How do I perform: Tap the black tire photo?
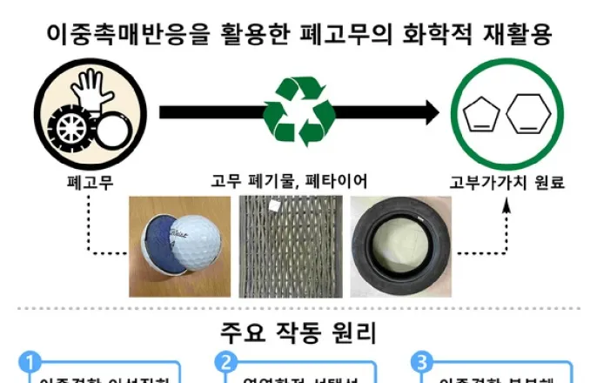tap(399, 242)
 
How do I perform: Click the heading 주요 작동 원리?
tap(297, 333)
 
